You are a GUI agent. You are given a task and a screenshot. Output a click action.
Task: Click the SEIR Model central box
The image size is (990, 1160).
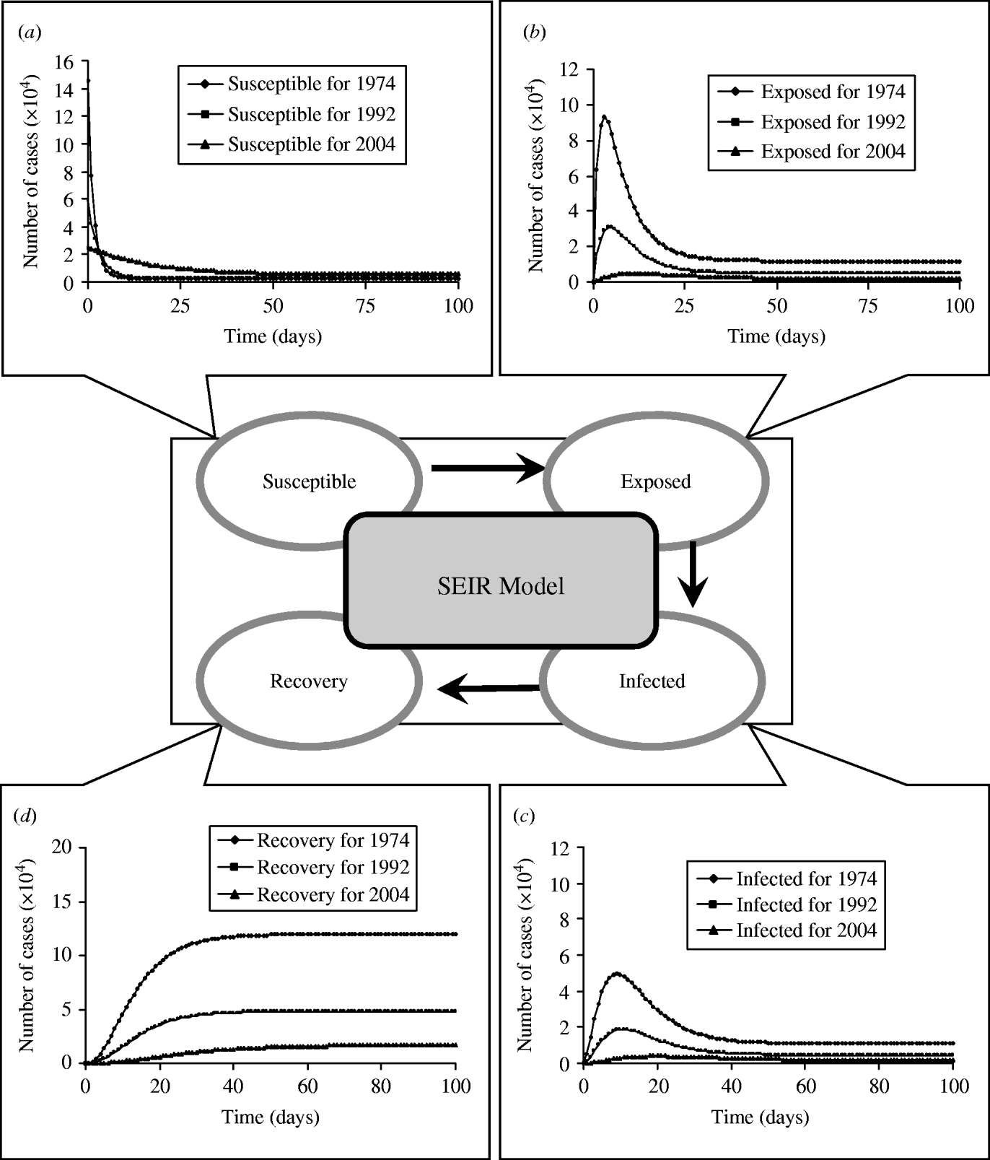click(501, 585)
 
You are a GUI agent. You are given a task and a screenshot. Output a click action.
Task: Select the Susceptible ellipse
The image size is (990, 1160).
click(309, 481)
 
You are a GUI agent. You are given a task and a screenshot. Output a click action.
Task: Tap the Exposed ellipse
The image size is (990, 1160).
click(655, 481)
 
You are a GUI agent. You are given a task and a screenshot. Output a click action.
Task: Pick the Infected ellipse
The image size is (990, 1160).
click(652, 681)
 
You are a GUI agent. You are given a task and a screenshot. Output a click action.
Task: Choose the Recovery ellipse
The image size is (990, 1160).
click(309, 681)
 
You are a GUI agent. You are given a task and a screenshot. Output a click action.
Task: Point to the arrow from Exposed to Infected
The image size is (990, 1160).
click(693, 575)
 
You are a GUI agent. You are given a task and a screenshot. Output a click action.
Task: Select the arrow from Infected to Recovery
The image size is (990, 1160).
click(489, 690)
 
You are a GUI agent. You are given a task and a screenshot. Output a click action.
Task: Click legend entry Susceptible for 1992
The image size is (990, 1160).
click(312, 115)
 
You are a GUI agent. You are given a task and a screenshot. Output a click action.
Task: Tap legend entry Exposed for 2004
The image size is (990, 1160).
click(833, 152)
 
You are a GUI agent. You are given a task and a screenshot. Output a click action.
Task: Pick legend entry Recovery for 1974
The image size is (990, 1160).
click(333, 840)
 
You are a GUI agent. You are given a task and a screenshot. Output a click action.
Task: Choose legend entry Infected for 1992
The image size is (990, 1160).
click(806, 904)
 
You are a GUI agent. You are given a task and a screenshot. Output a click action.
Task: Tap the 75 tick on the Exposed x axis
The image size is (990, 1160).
click(868, 306)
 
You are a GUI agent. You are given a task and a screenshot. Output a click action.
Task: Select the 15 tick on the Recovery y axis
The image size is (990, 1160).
click(62, 902)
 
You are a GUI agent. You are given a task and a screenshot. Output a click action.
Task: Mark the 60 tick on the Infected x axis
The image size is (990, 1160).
click(805, 1086)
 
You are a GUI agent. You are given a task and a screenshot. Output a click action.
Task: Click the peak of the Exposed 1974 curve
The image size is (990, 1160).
click(605, 116)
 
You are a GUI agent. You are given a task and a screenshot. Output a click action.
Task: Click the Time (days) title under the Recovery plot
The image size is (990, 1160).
click(270, 1117)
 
